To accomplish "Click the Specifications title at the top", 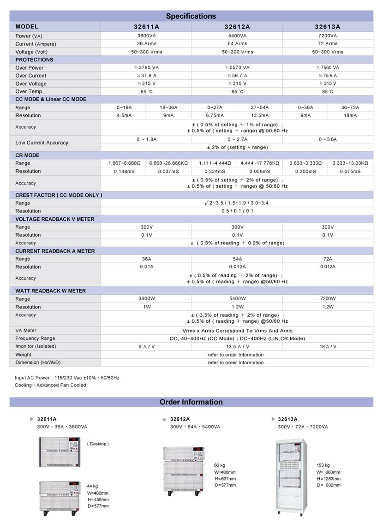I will pyautogui.click(x=191, y=16).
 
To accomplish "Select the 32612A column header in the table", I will pyautogui.click(x=237, y=27).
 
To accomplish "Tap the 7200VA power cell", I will pyautogui.click(x=328, y=36).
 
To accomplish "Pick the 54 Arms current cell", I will pyautogui.click(x=237, y=44).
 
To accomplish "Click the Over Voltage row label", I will pyautogui.click(x=31, y=83).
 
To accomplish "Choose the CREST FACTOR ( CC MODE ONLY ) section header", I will pyautogui.click(x=59, y=195).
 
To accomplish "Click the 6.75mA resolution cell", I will pyautogui.click(x=214, y=115).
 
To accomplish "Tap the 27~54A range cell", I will pyautogui.click(x=259, y=107).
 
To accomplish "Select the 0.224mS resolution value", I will pyautogui.click(x=214, y=171).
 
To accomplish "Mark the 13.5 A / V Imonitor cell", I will pyautogui.click(x=237, y=346).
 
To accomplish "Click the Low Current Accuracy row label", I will pyautogui.click(x=42, y=143).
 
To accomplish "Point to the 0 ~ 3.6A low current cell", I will pyautogui.click(x=328, y=139).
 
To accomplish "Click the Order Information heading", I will pyautogui.click(x=191, y=402).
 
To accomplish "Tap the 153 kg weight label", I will pyautogui.click(x=323, y=465).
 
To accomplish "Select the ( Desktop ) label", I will pyautogui.click(x=98, y=444).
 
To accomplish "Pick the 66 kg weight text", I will pyautogui.click(x=220, y=465).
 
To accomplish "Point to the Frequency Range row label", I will pyautogui.click(x=35, y=338).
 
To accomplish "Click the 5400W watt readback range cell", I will pyautogui.click(x=237, y=299).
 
